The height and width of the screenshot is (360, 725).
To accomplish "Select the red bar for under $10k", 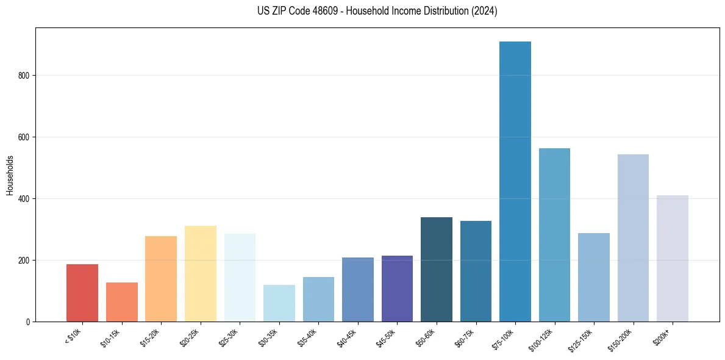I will coord(82,293).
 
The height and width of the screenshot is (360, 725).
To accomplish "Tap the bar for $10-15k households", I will coord(122,302).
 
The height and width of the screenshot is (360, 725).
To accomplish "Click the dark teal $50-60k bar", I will coord(437,269).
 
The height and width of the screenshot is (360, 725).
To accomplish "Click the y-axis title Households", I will coord(10,175).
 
